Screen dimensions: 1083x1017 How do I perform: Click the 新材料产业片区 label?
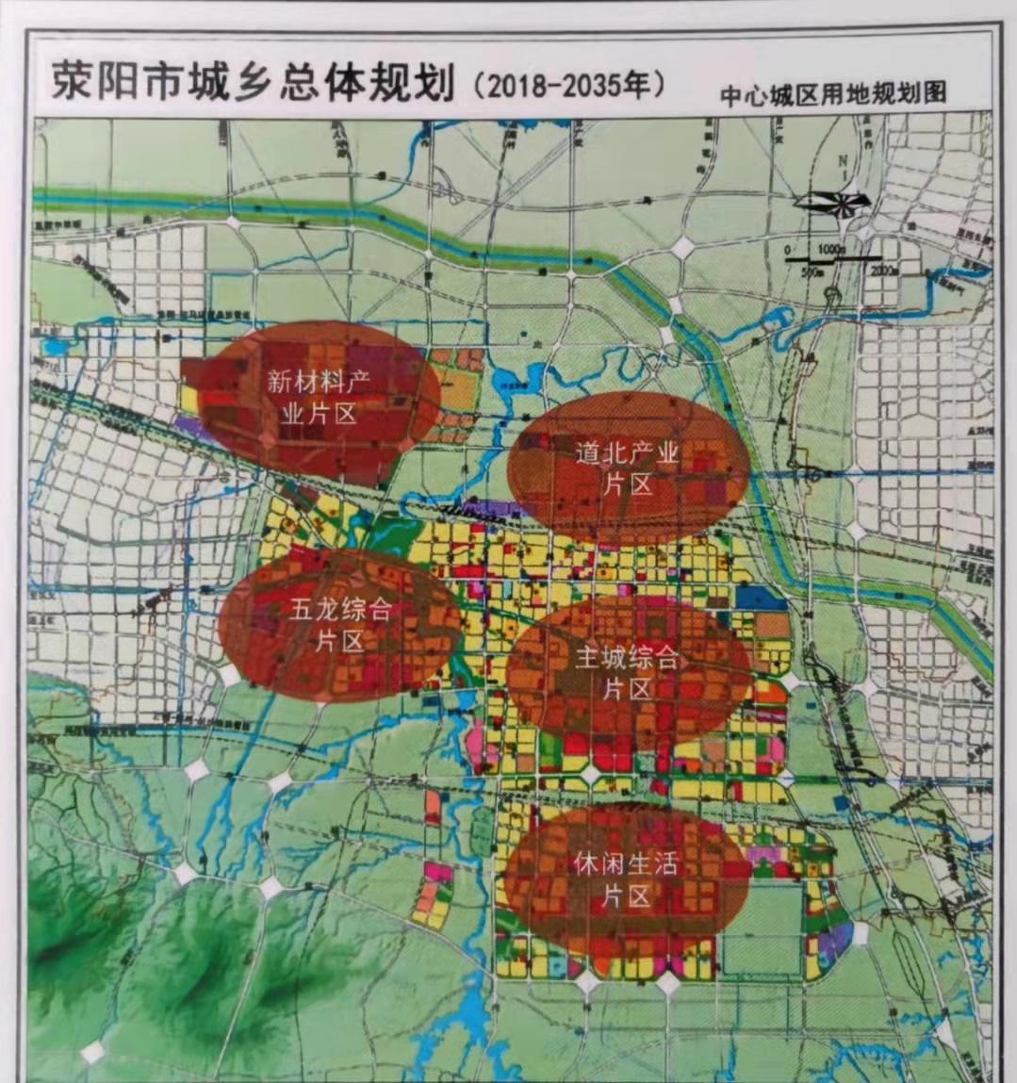[319, 397]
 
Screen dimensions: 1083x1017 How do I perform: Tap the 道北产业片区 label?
[628, 468]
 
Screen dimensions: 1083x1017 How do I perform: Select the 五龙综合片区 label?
[339, 625]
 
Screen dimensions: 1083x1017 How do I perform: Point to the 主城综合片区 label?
[628, 672]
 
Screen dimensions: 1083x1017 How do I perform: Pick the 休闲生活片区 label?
[626, 878]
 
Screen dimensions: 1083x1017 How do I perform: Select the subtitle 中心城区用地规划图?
[832, 94]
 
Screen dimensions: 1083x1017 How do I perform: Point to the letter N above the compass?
[843, 161]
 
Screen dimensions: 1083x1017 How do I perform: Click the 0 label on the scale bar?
[787, 249]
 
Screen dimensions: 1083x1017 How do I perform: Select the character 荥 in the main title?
[74, 84]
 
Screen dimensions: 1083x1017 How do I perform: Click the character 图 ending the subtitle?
[934, 94]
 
